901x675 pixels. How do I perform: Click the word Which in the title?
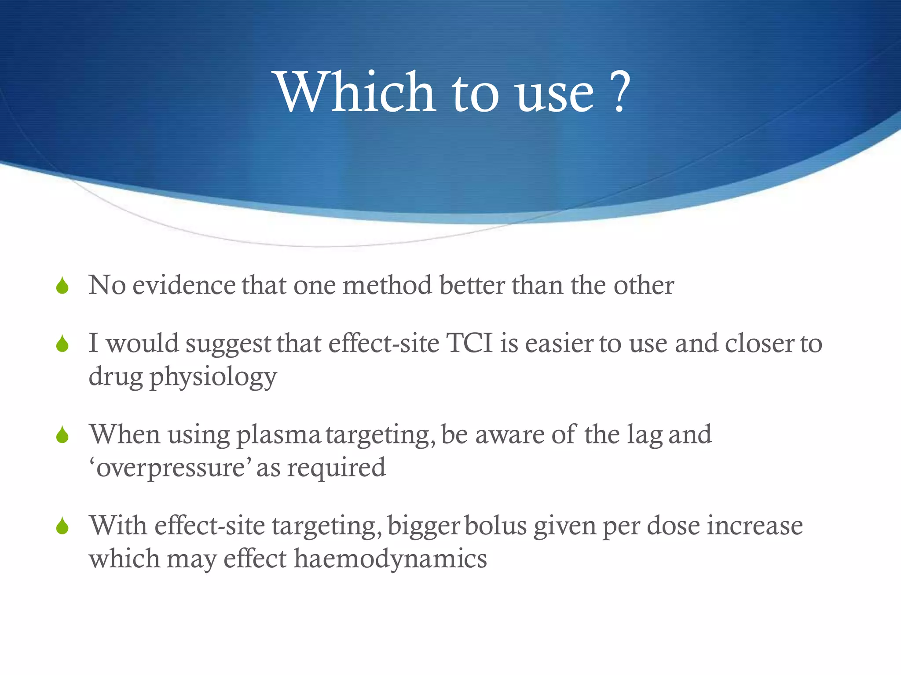click(355, 92)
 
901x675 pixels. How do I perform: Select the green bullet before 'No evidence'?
click(62, 286)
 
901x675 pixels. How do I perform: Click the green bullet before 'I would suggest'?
click(62, 344)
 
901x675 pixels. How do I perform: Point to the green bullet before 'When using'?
click(62, 435)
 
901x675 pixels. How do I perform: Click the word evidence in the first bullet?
click(184, 286)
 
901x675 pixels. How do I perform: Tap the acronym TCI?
click(469, 343)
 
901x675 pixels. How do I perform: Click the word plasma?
click(278, 435)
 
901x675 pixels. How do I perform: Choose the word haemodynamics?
click(390, 559)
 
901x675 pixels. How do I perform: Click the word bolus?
click(495, 526)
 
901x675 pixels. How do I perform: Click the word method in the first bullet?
click(387, 286)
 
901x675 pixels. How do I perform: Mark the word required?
click(336, 468)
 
